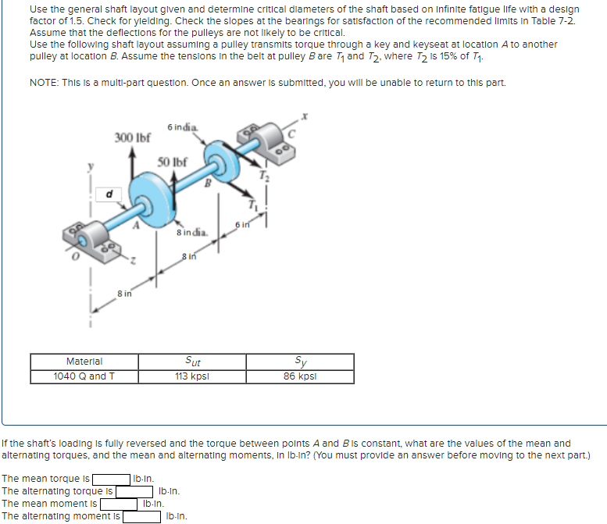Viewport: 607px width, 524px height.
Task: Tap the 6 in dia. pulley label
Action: (x=181, y=127)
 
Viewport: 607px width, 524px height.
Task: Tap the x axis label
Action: (x=305, y=115)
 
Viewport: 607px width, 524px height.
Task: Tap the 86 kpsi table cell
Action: (x=300, y=376)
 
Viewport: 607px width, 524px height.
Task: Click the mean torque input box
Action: (x=112, y=479)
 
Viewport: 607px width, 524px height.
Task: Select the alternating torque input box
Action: (x=134, y=491)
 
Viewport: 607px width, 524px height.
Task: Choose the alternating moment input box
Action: (x=141, y=516)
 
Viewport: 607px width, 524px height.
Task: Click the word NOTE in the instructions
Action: (x=44, y=82)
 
